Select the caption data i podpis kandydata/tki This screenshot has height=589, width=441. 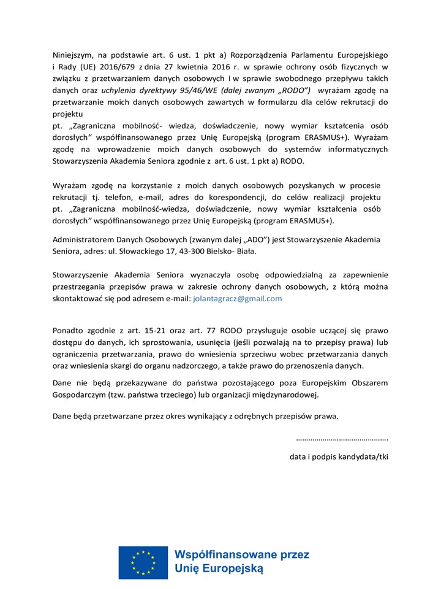click(x=339, y=456)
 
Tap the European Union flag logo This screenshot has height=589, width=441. click(x=143, y=562)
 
